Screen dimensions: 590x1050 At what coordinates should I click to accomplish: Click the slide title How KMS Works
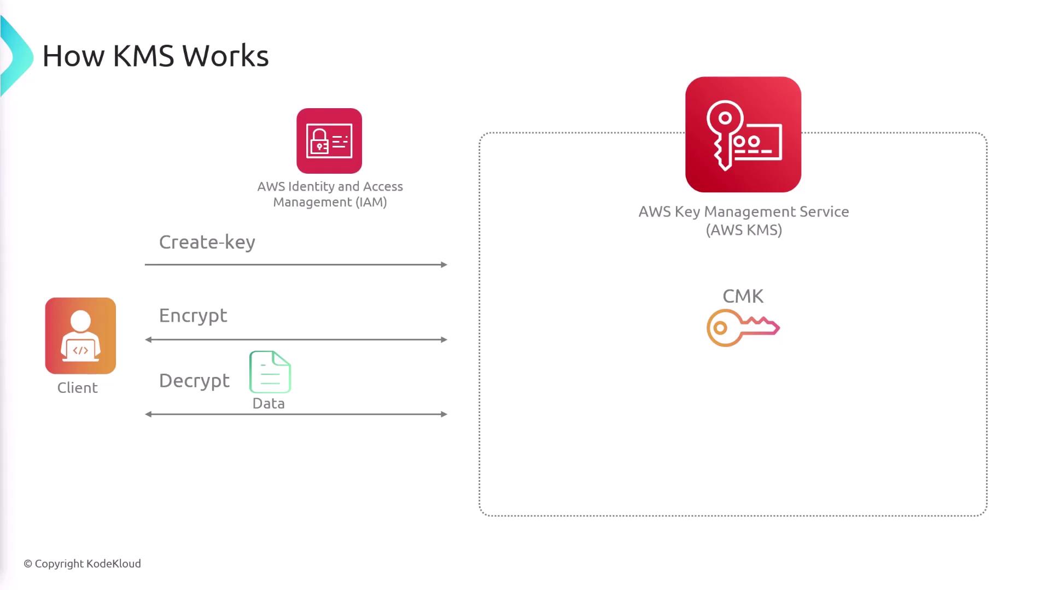coord(155,56)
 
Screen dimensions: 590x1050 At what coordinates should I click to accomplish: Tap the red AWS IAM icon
coord(329,141)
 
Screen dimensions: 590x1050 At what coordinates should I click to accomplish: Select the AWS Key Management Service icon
coord(743,134)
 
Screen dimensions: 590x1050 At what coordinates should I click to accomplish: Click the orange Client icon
coord(80,335)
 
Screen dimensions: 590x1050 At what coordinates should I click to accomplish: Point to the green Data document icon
coord(270,372)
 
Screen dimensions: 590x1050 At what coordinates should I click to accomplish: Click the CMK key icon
coord(743,328)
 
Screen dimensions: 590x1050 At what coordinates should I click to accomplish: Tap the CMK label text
coord(743,296)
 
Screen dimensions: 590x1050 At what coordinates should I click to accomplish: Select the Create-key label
coord(207,242)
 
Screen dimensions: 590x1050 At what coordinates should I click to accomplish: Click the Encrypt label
coord(193,315)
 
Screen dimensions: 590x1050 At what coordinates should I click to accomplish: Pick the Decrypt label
coord(194,380)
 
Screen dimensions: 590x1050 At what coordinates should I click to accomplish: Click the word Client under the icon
coord(78,388)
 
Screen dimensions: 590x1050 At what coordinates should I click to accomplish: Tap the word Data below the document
coord(269,404)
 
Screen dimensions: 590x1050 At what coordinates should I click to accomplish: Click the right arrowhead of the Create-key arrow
coord(444,264)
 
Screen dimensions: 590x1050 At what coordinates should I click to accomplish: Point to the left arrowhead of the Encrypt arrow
coord(148,340)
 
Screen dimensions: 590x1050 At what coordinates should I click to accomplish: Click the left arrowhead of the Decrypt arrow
coord(148,414)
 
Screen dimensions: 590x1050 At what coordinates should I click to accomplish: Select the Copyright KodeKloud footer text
coord(82,564)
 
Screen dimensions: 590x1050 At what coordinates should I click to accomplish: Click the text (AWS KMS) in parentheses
coord(744,230)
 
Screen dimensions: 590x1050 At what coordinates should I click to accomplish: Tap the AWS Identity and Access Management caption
coord(330,194)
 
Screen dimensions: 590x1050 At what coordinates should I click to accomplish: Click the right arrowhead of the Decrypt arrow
coord(444,414)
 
